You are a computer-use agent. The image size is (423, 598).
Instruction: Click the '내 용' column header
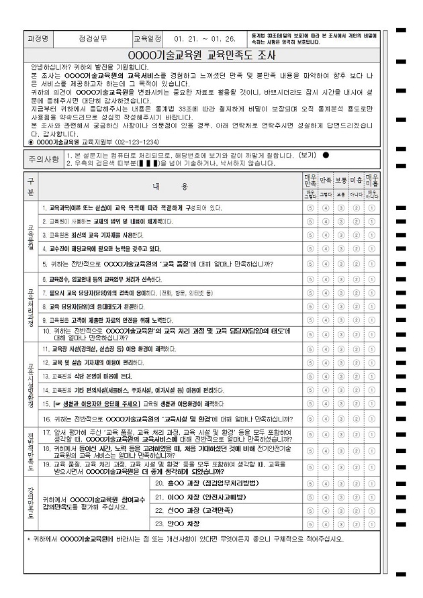point(171,186)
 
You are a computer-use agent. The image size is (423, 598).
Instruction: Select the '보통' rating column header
point(340,181)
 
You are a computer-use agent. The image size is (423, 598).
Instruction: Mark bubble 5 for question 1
point(310,208)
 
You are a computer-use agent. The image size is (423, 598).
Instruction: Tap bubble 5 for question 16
point(310,419)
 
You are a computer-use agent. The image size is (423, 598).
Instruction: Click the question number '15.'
point(46,404)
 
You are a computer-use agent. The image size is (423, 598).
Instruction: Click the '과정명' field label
point(38,38)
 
